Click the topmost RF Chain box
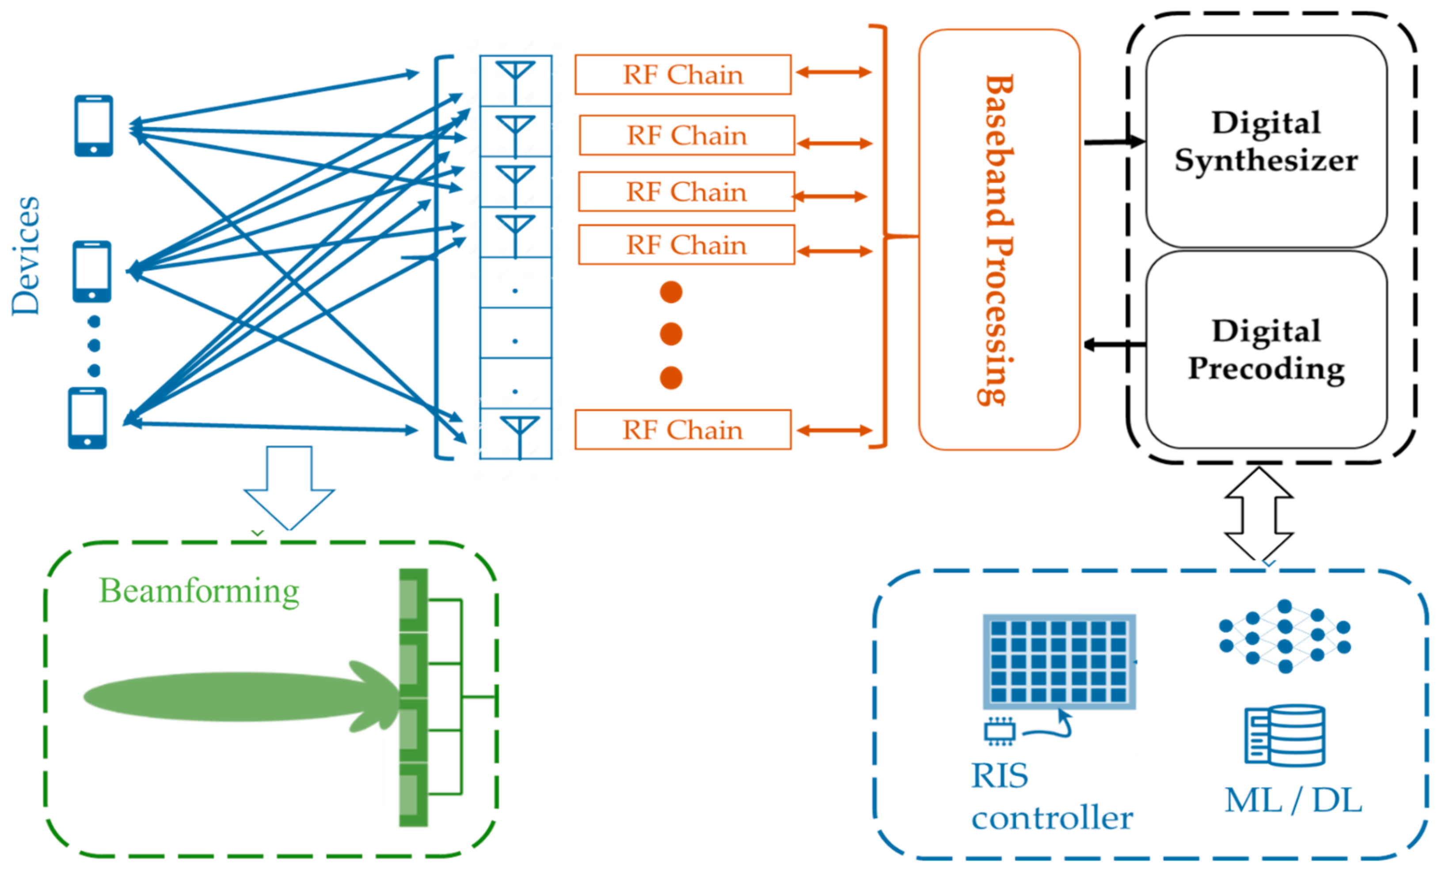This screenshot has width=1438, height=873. pos(682,75)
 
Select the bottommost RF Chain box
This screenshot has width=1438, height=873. pos(682,430)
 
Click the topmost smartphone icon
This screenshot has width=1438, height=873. pos(93,126)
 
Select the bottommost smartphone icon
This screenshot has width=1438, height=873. pos(87,418)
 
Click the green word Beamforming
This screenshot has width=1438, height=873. pos(199,591)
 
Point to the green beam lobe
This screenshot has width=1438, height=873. pos(233,696)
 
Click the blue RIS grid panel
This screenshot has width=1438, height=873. pos(1059,661)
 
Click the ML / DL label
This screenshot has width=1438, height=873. pos(1293,800)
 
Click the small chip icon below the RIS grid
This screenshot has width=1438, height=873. pos(1000,731)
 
